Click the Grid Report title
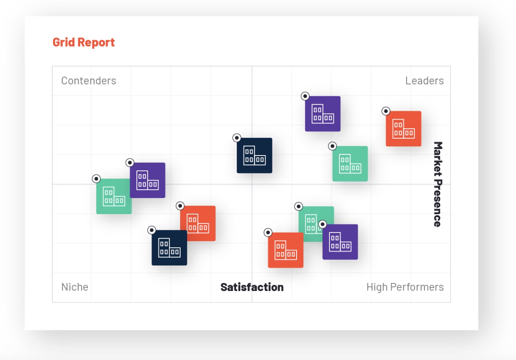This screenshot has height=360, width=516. [x=83, y=42]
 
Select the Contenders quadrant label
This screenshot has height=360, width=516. [x=89, y=81]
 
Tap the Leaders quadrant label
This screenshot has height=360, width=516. [x=424, y=81]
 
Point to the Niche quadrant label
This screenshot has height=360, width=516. [x=75, y=287]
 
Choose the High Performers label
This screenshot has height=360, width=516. [x=405, y=287]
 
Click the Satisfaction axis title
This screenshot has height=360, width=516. [x=252, y=287]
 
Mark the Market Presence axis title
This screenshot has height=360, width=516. [x=437, y=184]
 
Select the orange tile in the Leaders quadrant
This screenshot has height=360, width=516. [x=403, y=129]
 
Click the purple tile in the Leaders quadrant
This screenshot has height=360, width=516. [x=323, y=114]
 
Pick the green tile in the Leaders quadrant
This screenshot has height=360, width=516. [x=350, y=164]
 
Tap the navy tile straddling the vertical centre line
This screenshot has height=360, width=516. [x=254, y=156]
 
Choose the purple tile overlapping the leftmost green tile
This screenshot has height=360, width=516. [x=148, y=180]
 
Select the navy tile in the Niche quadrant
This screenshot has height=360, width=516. [x=169, y=248]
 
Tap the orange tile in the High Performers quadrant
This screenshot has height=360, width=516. [x=285, y=250]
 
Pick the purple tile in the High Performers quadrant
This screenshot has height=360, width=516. [x=340, y=242]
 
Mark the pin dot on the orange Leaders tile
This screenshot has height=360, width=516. [x=386, y=111]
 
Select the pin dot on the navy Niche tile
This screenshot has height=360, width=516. [x=151, y=230]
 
